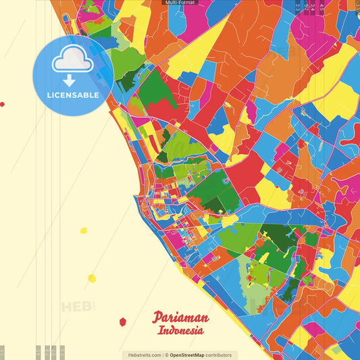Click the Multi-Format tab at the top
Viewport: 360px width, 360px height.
(x=180, y=3)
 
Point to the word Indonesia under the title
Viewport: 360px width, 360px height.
(x=180, y=331)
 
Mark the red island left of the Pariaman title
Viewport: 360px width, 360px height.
(x=122, y=322)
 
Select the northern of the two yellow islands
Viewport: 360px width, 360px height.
(x=84, y=230)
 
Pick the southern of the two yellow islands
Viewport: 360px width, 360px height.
(x=92, y=278)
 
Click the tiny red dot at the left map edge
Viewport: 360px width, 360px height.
(x=2, y=105)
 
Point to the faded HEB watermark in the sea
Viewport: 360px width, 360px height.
(x=78, y=306)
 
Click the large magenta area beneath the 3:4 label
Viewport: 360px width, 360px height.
(x=312, y=34)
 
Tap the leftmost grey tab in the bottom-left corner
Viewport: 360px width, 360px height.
(x=3, y=351)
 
